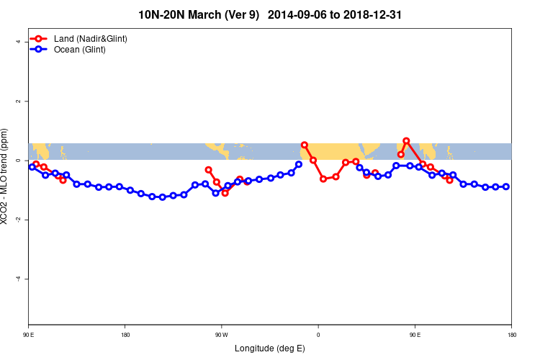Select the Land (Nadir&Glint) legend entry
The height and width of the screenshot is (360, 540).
(x=90, y=38)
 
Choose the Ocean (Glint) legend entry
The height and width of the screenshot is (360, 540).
(x=79, y=50)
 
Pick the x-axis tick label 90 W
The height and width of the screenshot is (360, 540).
(x=221, y=336)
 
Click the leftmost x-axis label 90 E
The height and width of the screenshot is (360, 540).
(x=28, y=336)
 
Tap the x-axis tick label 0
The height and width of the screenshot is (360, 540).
(x=318, y=336)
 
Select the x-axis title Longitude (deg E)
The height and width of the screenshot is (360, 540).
(x=269, y=348)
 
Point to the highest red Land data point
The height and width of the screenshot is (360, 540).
(x=406, y=140)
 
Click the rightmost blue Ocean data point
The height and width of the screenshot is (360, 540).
(x=506, y=186)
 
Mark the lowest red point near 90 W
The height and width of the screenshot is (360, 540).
(x=225, y=193)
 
